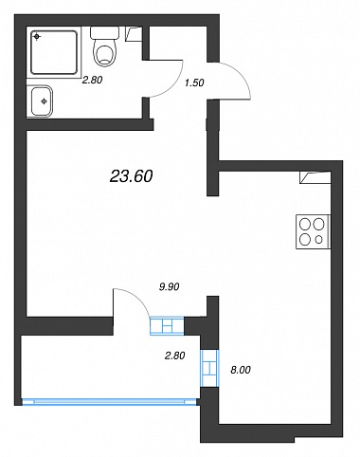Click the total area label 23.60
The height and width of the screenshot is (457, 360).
tap(131, 176)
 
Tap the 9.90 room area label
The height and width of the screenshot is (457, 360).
tap(170, 286)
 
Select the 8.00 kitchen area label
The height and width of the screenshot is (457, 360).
tap(241, 370)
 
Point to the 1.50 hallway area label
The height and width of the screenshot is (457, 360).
tap(194, 82)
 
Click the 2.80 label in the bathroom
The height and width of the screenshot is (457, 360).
tap(92, 80)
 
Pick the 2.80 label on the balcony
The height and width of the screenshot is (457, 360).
tap(174, 356)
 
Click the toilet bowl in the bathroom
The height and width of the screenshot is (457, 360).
tap(105, 54)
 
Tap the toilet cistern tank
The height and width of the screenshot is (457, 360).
tap(105, 33)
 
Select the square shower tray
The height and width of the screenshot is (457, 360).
tap(54, 52)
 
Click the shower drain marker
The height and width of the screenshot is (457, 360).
tap(37, 37)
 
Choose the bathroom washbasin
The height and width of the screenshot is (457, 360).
tap(40, 101)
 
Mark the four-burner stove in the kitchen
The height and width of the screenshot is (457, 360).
tap(313, 231)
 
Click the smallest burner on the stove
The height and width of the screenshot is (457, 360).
tap(319, 240)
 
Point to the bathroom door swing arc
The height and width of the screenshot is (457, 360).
tap(174, 84)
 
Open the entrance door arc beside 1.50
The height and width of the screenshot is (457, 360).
tap(240, 76)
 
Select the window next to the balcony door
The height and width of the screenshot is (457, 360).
tap(167, 325)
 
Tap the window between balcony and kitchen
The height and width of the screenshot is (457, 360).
tap(209, 368)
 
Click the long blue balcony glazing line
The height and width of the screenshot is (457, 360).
tap(109, 402)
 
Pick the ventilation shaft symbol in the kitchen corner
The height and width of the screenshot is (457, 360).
tap(315, 177)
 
